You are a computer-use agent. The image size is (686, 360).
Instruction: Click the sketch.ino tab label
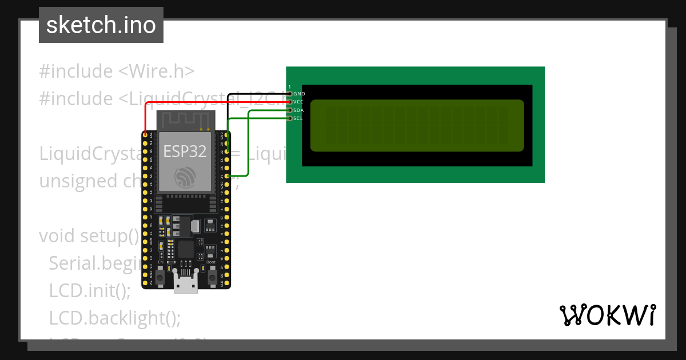(101, 25)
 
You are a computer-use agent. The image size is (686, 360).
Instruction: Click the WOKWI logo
(607, 315)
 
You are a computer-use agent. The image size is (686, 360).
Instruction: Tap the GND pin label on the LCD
(299, 93)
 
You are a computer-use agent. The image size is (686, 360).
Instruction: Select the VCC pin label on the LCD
(298, 102)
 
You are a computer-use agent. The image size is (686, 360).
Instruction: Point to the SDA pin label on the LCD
(298, 110)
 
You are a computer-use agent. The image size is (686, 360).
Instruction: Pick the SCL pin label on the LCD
(298, 118)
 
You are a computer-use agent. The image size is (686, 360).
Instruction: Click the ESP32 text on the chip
(185, 151)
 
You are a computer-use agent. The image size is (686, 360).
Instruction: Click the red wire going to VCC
(217, 102)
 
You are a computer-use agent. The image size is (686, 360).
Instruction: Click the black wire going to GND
(257, 93)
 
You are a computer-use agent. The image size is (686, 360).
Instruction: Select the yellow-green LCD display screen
(417, 126)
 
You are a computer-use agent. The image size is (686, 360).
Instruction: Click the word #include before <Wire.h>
(76, 71)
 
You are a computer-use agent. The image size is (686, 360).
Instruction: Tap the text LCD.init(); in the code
(90, 290)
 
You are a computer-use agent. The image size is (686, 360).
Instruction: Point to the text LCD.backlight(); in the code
(114, 318)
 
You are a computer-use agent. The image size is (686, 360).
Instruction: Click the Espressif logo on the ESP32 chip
(185, 177)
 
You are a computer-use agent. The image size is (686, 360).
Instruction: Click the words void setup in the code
(89, 235)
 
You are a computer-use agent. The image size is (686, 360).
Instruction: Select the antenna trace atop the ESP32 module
(185, 121)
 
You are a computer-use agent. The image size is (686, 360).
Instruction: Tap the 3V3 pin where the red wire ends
(145, 135)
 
